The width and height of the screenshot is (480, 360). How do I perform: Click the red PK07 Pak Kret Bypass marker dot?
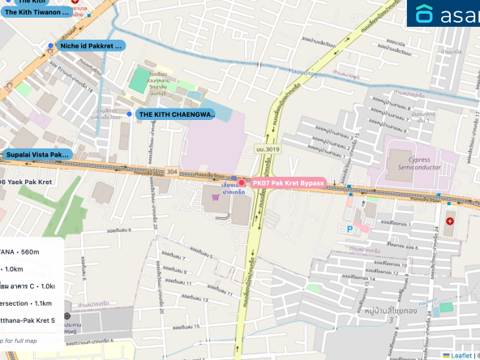[242, 183]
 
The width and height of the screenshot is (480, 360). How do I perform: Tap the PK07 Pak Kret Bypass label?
[288, 184]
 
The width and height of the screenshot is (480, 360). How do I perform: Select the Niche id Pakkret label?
[91, 46]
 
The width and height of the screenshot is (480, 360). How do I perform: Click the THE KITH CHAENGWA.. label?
[176, 114]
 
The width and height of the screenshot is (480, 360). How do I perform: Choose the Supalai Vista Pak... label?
[36, 154]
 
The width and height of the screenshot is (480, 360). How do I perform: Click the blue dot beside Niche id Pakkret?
[50, 46]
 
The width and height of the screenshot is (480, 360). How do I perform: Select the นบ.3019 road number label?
[267, 149]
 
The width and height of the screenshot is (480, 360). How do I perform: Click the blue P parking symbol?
[350, 229]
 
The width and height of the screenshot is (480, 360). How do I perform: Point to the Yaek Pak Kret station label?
[26, 182]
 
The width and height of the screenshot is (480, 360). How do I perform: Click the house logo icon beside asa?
[425, 14]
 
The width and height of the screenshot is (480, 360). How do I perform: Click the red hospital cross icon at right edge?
[449, 221]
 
